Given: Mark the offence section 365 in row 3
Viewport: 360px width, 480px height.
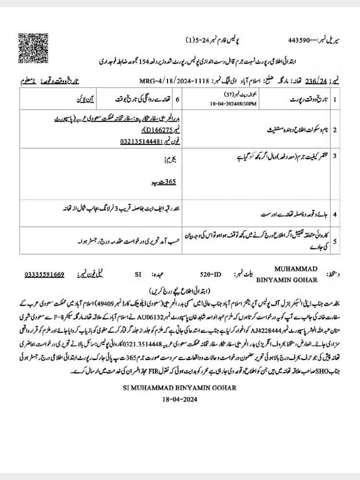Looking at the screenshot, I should (169, 183).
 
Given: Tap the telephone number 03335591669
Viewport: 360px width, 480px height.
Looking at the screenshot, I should (45, 275).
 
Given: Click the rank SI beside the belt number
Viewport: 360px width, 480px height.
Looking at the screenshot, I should (139, 275).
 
